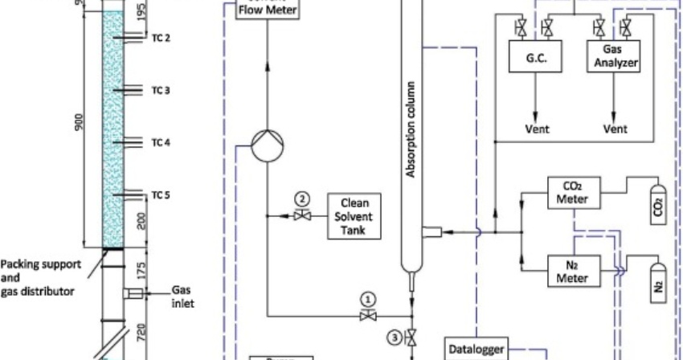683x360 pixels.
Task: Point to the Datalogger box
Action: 481,347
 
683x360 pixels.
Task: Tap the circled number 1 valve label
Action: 368,297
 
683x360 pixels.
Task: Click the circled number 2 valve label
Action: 301,198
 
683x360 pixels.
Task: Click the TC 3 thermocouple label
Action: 161,91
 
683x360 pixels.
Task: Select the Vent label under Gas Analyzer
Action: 615,128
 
